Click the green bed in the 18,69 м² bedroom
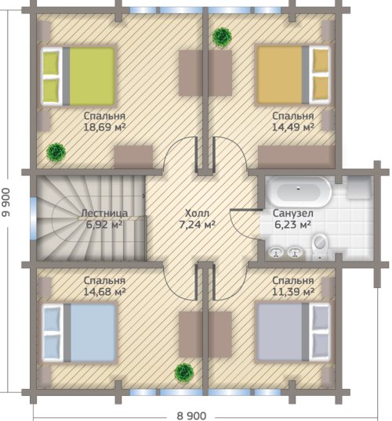pos(78,76)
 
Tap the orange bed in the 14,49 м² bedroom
pos(293,75)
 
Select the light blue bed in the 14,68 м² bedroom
pos(79,333)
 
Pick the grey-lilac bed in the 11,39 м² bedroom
pos(293,332)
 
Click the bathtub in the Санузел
pos(299,192)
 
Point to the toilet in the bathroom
pos(320,246)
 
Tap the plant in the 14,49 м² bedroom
pos(222,37)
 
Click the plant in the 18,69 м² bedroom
pos(56,153)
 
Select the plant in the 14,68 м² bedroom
pos(184,372)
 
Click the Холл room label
pos(197,214)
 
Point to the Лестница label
pos(104,213)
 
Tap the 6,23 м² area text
pos(293,224)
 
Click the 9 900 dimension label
pos(6,203)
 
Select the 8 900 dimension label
pos(191,416)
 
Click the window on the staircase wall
pos(34,218)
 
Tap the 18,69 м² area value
pos(104,127)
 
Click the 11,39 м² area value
pos(293,291)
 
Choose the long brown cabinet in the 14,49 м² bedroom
pos(296,157)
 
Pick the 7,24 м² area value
pos(198,225)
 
